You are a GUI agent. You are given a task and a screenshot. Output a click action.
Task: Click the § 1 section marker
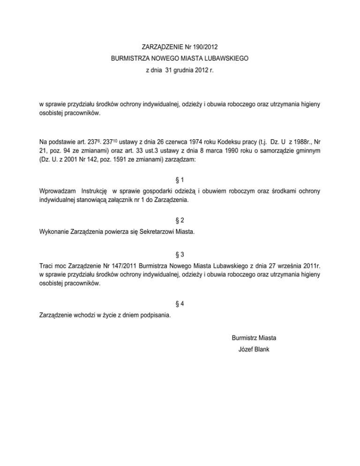coord(180,180)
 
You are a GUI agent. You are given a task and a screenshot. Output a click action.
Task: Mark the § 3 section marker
coord(180,255)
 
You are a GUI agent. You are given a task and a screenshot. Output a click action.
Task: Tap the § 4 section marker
coord(180,304)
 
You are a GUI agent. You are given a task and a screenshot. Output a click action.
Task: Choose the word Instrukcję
coord(96,191)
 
